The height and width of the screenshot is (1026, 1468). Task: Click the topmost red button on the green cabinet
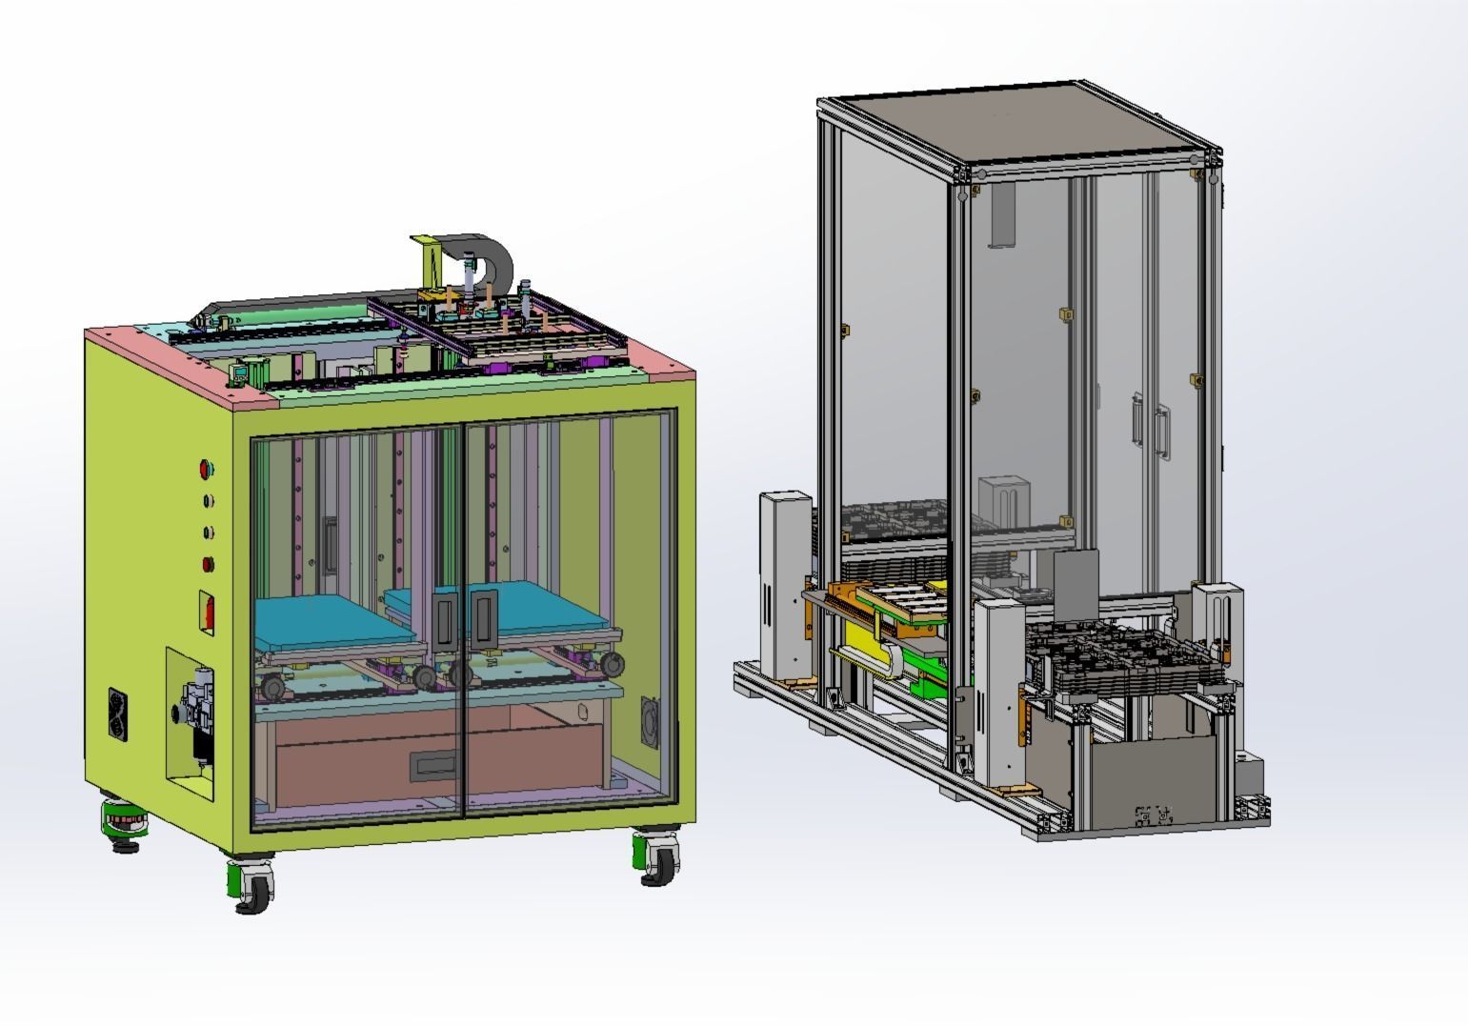(205, 469)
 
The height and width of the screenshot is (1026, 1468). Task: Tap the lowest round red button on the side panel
(207, 564)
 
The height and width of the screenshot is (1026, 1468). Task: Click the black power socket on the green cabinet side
(119, 715)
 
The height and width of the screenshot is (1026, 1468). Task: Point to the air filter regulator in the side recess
(197, 710)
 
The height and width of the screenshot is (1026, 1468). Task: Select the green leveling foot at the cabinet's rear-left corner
(123, 825)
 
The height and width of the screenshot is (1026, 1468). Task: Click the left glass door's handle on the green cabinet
(444, 614)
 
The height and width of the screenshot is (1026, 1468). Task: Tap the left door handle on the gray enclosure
(1137, 420)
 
